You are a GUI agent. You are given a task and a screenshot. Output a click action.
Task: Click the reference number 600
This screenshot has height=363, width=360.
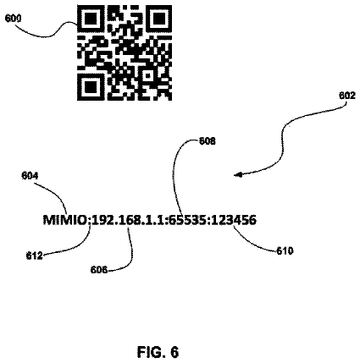(13, 19)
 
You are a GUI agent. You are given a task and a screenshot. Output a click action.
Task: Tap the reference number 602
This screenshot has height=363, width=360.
(347, 96)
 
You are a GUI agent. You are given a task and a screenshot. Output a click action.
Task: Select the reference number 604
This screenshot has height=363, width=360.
(30, 176)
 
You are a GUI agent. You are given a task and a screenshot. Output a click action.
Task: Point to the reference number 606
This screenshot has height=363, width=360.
(99, 270)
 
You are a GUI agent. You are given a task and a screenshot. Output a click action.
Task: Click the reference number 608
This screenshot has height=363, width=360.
(208, 141)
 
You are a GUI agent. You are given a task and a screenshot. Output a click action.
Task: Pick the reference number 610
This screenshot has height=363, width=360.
(285, 250)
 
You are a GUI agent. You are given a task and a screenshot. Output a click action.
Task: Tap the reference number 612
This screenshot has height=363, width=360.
(34, 256)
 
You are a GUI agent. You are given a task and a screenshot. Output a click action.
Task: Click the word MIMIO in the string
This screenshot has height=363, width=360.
(65, 220)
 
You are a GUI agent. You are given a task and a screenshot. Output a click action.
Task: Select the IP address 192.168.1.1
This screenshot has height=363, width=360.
(129, 220)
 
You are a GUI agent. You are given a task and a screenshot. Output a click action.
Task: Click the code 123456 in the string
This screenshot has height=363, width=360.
(234, 220)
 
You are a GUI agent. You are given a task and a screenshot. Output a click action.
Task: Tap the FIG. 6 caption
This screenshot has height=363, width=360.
(158, 352)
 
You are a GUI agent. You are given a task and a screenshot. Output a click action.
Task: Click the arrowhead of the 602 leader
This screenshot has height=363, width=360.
(238, 175)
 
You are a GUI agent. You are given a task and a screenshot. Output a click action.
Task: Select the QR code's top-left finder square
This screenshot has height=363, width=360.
(89, 19)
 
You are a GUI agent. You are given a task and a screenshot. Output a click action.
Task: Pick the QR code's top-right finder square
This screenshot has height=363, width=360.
(160, 19)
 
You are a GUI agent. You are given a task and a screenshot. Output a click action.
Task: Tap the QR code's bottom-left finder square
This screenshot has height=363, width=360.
(89, 87)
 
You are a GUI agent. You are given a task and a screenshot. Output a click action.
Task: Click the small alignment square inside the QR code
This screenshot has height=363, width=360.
(148, 75)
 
